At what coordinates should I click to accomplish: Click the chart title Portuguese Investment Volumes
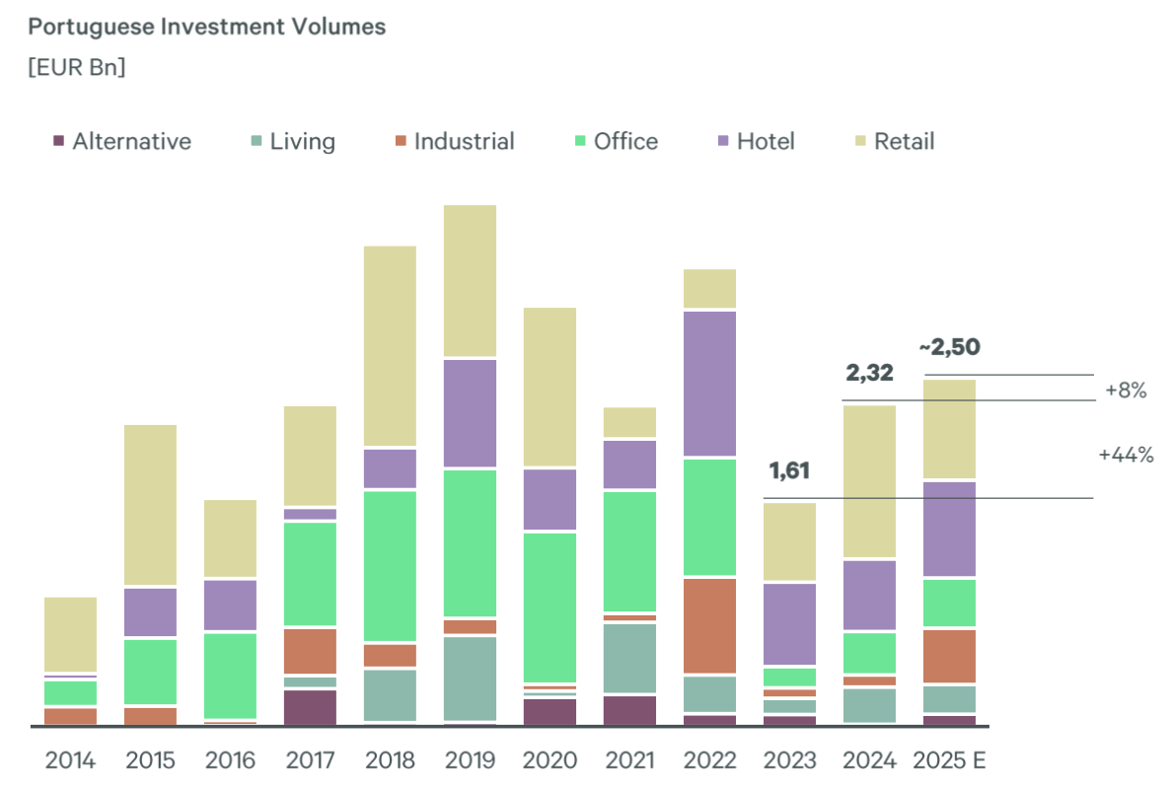coord(207,28)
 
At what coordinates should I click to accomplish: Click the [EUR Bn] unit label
coord(77,68)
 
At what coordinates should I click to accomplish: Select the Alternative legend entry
coord(121,141)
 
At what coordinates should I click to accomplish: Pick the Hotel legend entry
coord(755,141)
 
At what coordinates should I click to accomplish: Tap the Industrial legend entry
coord(454,141)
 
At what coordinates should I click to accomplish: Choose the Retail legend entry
coord(893,141)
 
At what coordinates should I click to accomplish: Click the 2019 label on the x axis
coord(470,760)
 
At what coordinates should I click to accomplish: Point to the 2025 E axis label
coord(950,760)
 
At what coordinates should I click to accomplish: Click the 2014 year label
coord(70,760)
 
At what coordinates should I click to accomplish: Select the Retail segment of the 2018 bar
coord(390,345)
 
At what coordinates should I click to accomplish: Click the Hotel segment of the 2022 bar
coord(710,383)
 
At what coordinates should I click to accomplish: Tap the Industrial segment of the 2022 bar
coord(710,625)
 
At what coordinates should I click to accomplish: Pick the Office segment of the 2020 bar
coord(549,607)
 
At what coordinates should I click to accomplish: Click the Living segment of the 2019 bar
coord(470,678)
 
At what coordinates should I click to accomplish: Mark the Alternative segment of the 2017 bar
coord(310,706)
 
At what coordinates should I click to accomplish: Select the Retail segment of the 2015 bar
coord(150,504)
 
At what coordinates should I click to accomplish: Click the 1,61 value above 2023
coord(788,471)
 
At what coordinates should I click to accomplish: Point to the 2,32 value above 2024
coord(869,374)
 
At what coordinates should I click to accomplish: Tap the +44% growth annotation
coord(1126,455)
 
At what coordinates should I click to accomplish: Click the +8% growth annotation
coord(1126,390)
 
